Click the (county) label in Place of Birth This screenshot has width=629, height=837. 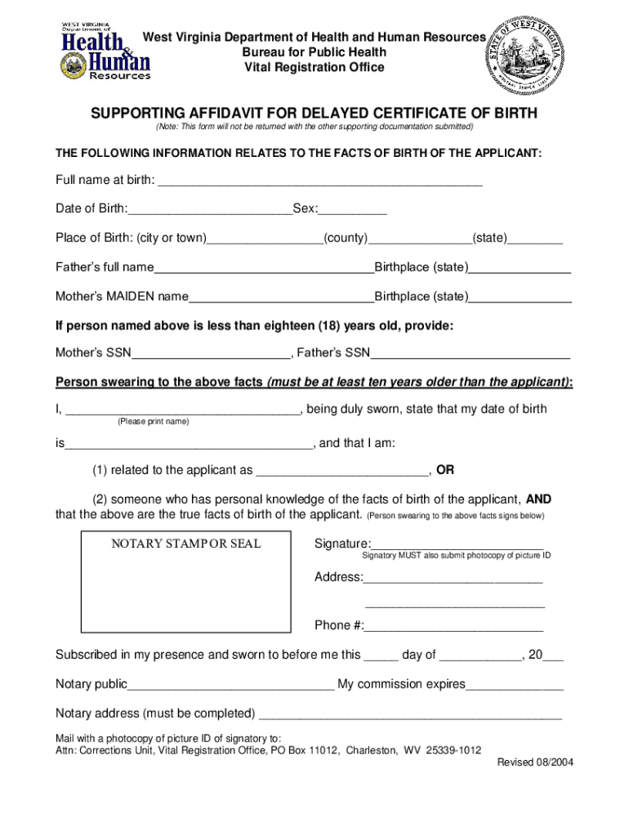[346, 238]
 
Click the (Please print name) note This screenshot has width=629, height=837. [153, 422]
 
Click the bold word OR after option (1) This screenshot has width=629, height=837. [445, 470]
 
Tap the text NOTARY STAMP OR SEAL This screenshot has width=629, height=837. [186, 544]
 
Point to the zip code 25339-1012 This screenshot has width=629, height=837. [453, 750]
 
